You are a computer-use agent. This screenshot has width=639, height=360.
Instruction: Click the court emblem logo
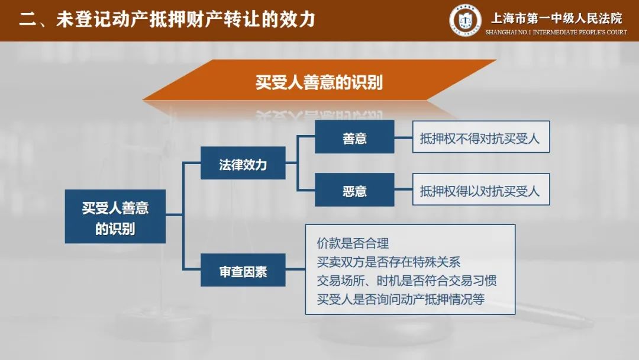tap(465, 20)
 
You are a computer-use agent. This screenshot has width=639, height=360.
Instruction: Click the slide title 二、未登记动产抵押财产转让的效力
tap(167, 19)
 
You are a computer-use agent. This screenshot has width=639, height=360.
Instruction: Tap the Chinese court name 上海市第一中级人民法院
tap(556, 18)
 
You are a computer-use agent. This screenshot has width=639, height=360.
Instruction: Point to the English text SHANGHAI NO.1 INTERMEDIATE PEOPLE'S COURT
tap(556, 32)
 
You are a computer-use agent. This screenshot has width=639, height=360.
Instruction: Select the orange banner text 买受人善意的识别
tap(319, 82)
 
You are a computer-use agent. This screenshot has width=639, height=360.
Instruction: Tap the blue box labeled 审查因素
tap(243, 270)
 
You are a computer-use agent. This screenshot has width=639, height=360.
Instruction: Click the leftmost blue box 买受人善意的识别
tap(115, 217)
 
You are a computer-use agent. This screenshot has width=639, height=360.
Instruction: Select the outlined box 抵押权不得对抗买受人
tap(481, 137)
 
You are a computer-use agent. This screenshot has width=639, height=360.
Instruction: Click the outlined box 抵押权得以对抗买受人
tap(481, 189)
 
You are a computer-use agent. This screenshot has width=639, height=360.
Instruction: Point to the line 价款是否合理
tap(353, 243)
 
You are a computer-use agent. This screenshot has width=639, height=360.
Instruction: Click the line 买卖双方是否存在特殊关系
tap(389, 262)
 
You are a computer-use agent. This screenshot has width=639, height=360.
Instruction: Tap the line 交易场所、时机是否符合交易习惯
tap(406, 281)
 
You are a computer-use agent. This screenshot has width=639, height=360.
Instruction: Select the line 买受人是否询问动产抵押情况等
tap(401, 300)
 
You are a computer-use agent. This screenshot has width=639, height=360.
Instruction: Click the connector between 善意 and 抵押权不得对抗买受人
tap(404, 138)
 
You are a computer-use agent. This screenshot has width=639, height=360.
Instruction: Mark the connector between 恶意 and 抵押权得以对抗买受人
tap(404, 189)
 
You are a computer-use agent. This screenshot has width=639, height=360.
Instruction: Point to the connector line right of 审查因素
tap(295, 269)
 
